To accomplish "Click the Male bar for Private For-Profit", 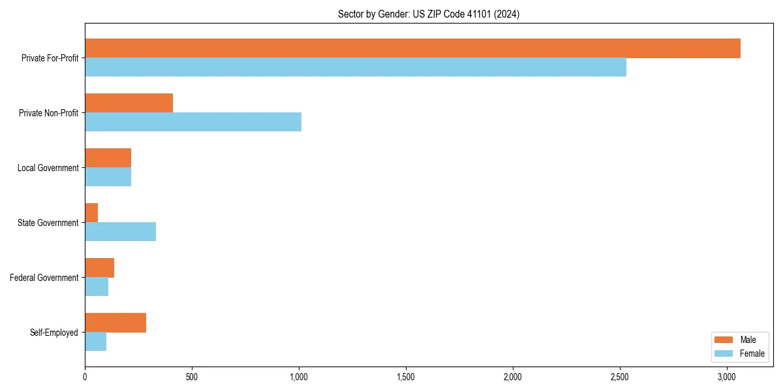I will click(x=412, y=48).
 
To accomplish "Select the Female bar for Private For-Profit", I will click(x=356, y=67).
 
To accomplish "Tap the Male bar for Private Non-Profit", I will click(x=129, y=103).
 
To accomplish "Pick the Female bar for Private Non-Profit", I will click(x=193, y=122).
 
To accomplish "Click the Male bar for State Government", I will click(x=91, y=213).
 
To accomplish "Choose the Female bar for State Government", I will click(x=120, y=231).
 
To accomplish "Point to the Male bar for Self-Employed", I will click(x=115, y=323).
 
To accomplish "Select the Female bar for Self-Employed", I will click(x=95, y=341).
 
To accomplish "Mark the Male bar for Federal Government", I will click(x=99, y=268).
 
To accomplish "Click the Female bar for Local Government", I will click(x=108, y=176).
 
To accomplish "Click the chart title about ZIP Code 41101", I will click(x=429, y=14).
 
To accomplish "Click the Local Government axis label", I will click(x=48, y=168).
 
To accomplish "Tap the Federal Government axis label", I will click(x=44, y=278).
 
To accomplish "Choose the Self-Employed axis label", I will click(x=54, y=333).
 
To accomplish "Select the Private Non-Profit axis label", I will click(x=50, y=113).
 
